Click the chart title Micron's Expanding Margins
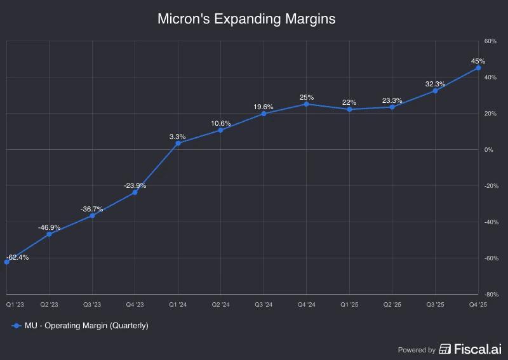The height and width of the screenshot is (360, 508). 246,20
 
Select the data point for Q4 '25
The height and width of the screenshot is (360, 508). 478,68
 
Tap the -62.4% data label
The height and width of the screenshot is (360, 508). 18,257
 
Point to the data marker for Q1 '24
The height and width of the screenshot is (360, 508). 178,143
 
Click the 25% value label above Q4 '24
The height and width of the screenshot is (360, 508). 307,97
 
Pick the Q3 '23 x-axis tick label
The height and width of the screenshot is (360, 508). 92,305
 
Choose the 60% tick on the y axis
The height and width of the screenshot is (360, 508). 490,41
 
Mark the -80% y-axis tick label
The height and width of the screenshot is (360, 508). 490,295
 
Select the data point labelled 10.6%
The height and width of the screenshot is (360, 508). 220,130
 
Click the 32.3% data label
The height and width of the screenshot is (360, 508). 435,84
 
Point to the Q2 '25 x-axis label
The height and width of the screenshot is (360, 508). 392,305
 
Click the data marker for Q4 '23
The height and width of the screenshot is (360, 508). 135,192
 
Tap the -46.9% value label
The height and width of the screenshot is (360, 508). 49,227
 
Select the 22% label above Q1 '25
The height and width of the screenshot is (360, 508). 349,102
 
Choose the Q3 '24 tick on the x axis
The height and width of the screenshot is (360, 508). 264,305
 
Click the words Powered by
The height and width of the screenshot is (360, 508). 417,350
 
